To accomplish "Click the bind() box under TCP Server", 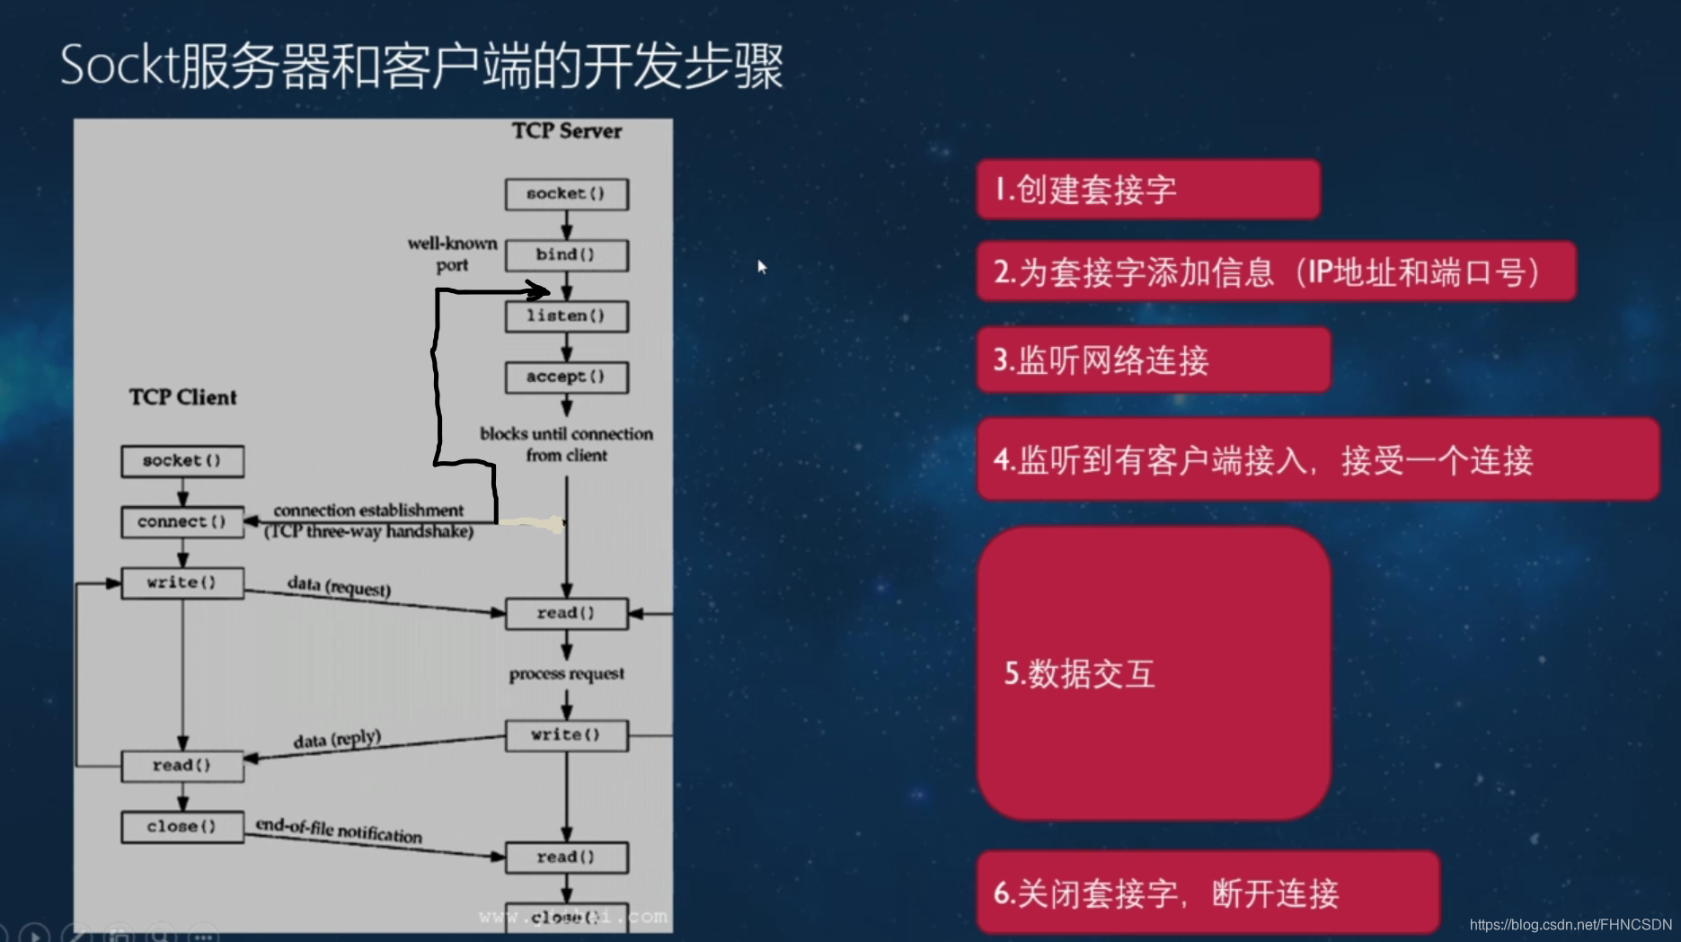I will click(x=566, y=255).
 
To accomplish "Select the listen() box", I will click(x=566, y=316).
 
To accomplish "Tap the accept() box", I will click(x=566, y=378).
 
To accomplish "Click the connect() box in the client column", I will click(x=182, y=522).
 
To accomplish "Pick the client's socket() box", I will click(x=182, y=461).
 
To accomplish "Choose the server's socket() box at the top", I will click(x=566, y=194).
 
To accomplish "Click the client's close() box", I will click(x=182, y=827).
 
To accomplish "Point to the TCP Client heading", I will click(x=182, y=397).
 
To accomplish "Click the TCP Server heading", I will click(x=566, y=131).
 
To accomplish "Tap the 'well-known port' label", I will click(x=452, y=253).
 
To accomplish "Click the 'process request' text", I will click(x=566, y=674).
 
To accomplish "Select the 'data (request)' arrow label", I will click(x=339, y=586).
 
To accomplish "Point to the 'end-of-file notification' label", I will click(x=339, y=830).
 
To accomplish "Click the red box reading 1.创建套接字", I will click(x=1147, y=190).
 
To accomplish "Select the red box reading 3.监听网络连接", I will click(x=1153, y=360).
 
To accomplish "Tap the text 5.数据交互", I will click(x=1079, y=673).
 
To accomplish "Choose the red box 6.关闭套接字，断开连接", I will click(x=1207, y=893).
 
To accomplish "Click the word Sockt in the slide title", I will click(x=119, y=67).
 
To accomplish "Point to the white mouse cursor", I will click(x=761, y=266).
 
